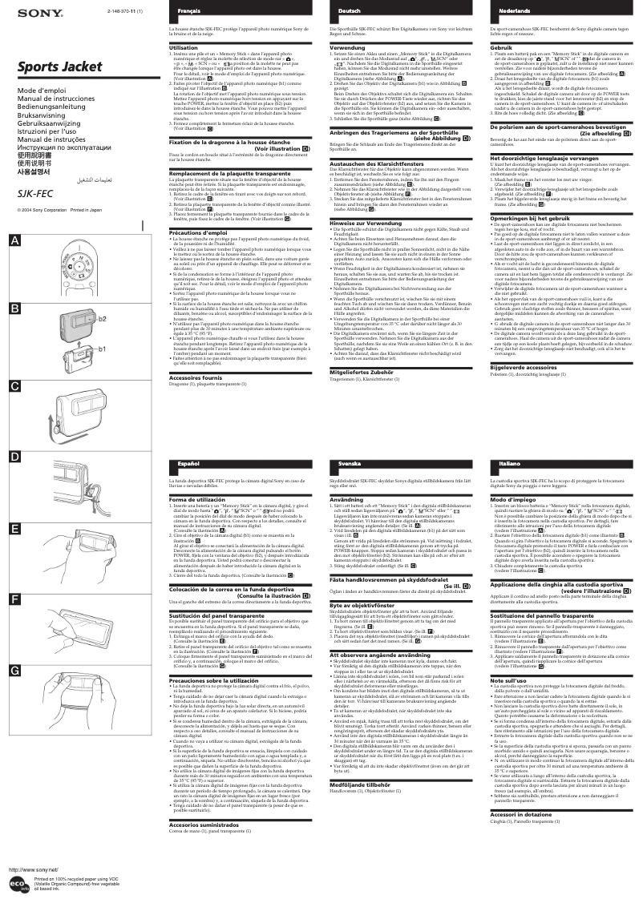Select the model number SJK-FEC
point(30,193)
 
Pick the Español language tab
point(189,463)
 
